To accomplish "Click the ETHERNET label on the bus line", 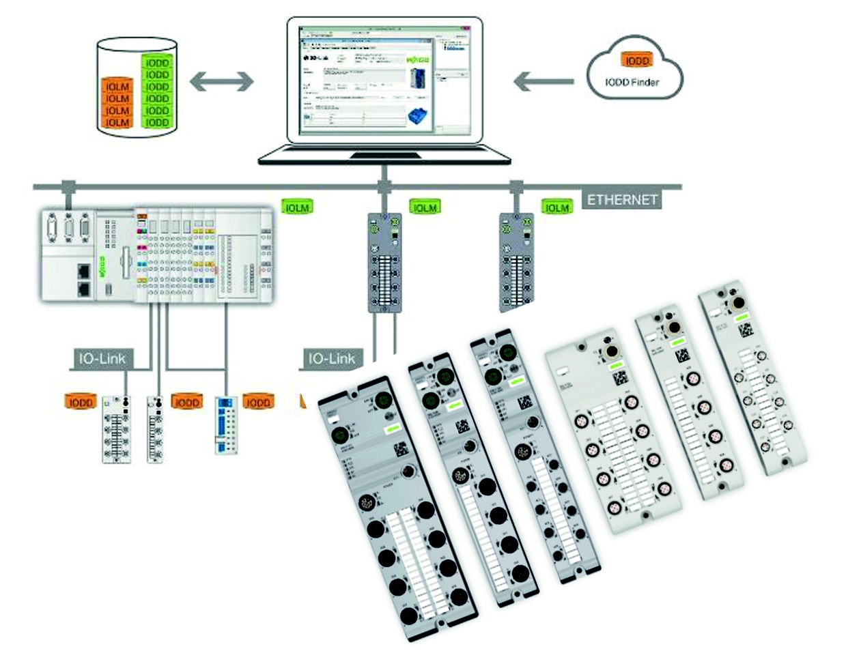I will (621, 199).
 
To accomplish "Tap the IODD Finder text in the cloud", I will (632, 83).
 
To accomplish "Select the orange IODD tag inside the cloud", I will (636, 61).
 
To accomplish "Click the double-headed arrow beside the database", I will (221, 83).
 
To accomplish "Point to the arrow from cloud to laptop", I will (544, 83).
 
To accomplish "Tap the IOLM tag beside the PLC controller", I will (297, 207).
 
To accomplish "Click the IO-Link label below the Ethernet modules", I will (333, 358).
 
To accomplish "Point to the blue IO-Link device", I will (226, 424).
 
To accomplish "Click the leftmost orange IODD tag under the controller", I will (80, 402).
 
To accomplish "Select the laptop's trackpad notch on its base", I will (384, 156).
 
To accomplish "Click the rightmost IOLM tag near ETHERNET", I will (557, 207).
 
